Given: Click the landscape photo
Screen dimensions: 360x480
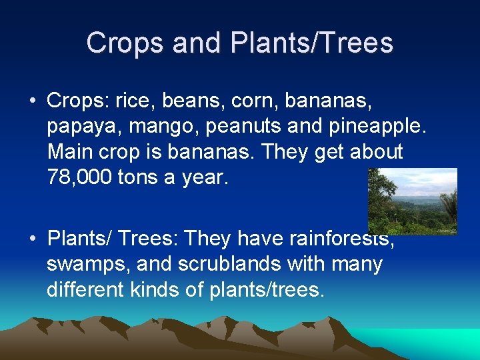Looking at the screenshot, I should pyautogui.click(x=412, y=201).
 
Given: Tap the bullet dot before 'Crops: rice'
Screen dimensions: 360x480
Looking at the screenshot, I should pyautogui.click(x=32, y=102).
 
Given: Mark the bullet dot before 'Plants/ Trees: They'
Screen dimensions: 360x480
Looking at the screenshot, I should pyautogui.click(x=32, y=239).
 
